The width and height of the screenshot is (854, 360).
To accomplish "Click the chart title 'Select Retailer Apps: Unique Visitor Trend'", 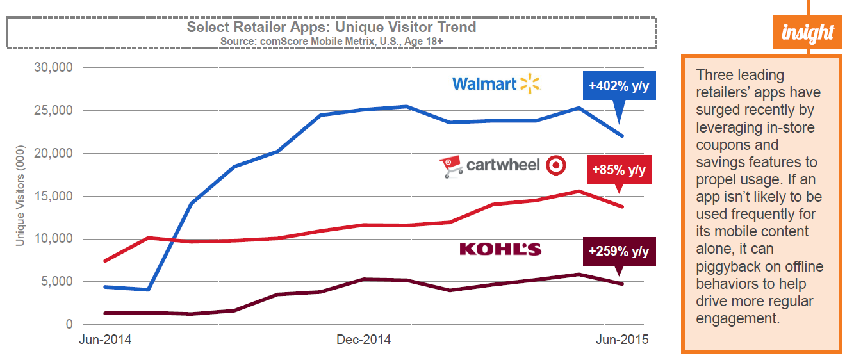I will tap(331, 27).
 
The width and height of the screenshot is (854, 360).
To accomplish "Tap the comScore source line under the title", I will tap(331, 40).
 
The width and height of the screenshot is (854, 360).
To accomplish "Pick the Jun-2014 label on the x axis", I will tap(105, 340).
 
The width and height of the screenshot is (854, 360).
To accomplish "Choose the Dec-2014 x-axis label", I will tap(364, 340).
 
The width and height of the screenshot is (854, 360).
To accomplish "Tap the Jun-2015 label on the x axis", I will tap(621, 340).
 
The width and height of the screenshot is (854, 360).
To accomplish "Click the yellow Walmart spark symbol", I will tap(530, 83).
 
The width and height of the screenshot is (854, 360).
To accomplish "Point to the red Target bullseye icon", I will tap(555, 166).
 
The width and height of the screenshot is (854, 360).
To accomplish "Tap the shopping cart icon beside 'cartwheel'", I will tap(451, 167).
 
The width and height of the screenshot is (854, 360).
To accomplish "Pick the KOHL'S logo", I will tap(500, 249).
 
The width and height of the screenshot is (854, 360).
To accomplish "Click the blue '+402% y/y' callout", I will tap(620, 86).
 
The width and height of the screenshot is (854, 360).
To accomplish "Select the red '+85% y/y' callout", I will tap(619, 170).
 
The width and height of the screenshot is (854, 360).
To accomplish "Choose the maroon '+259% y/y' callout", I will tap(620, 252).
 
